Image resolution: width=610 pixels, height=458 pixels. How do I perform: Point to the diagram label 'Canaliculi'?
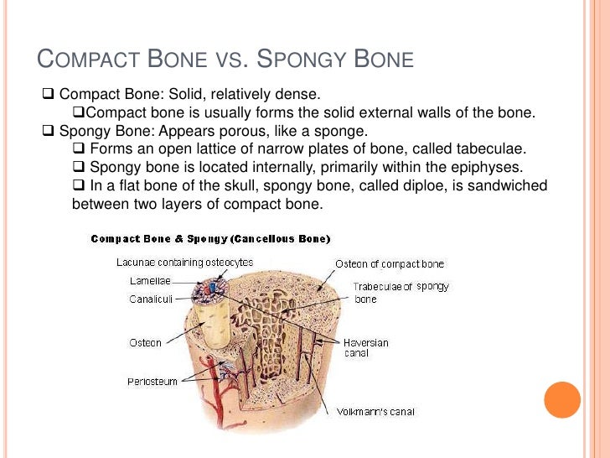(x=152, y=298)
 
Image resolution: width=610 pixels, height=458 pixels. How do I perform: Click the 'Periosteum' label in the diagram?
(x=152, y=382)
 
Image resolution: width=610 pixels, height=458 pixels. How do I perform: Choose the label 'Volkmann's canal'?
(x=376, y=412)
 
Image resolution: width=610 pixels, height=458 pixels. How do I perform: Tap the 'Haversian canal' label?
(x=365, y=348)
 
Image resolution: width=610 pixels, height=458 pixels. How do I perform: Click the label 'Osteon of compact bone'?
(x=390, y=264)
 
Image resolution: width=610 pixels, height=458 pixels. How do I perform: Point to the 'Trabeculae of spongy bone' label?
(x=401, y=292)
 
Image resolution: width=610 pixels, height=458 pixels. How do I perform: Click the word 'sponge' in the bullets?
(x=341, y=131)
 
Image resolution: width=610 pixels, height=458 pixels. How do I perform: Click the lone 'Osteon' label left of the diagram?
(x=144, y=342)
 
